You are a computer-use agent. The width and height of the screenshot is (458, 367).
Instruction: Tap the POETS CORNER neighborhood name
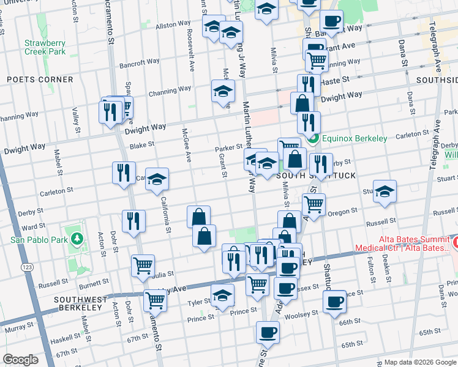(40, 80)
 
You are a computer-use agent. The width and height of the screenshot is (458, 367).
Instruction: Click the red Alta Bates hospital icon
(453, 241)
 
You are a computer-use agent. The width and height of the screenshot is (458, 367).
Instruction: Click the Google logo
(20, 360)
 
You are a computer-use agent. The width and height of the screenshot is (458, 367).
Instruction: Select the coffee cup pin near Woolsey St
(335, 301)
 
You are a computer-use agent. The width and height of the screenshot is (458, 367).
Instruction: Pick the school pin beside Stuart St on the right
(384, 191)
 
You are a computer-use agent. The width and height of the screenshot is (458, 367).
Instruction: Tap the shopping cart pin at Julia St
(143, 266)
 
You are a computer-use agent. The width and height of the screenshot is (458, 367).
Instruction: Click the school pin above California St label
(157, 179)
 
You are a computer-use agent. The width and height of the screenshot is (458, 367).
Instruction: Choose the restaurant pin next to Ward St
(133, 221)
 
